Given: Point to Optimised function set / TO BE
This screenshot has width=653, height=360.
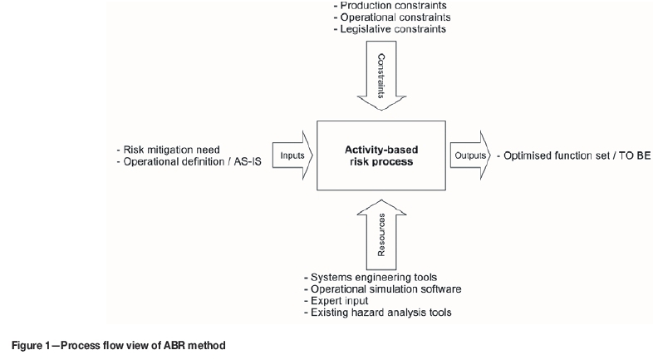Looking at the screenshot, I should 574,155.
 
